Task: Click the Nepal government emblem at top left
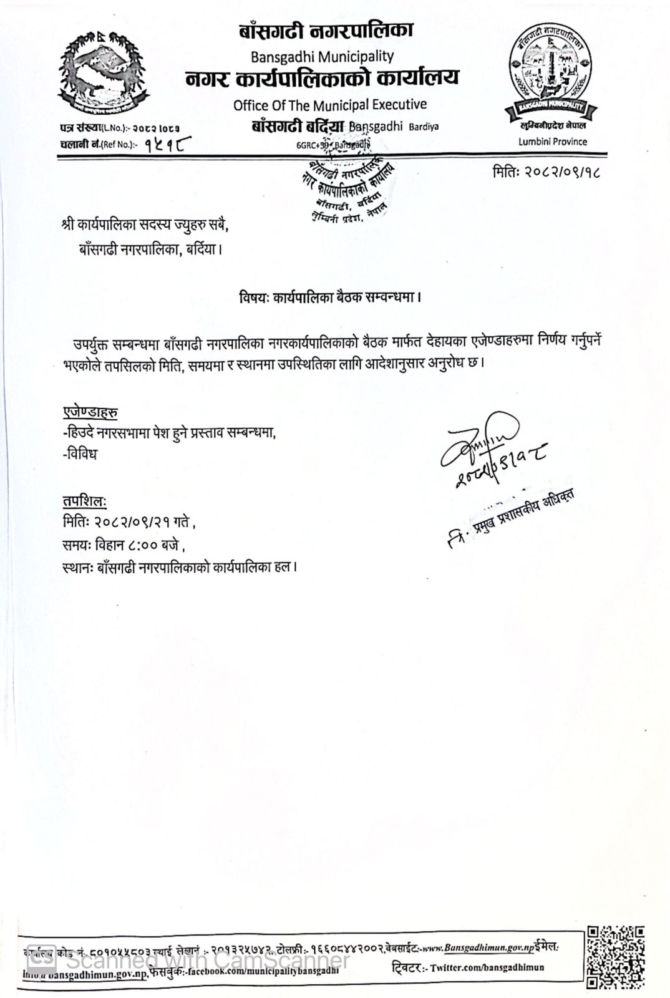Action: (104, 69)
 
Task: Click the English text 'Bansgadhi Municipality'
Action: (322, 56)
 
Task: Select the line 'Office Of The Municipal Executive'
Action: (330, 105)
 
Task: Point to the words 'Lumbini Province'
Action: (552, 142)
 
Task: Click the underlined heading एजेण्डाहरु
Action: (90, 412)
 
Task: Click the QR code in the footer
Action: (614, 958)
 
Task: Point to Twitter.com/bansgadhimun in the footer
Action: (487, 967)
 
